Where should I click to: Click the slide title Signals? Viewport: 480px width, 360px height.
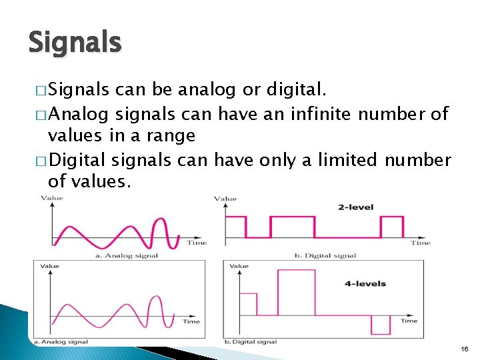[75, 43]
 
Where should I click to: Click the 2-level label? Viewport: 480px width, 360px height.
[356, 207]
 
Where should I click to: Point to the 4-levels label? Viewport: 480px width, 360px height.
[365, 283]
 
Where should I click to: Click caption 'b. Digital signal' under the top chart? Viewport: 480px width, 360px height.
[325, 255]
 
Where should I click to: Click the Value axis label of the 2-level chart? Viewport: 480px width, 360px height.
[225, 199]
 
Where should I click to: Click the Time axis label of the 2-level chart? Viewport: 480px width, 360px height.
[421, 243]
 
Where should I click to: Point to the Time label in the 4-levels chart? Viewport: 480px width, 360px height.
[409, 321]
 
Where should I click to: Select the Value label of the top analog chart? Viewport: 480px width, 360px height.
[52, 198]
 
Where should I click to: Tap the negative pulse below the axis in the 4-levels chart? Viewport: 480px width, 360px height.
[380, 325]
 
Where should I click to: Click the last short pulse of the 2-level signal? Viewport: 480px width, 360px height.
[392, 227]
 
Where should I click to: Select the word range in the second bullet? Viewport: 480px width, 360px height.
[171, 136]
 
